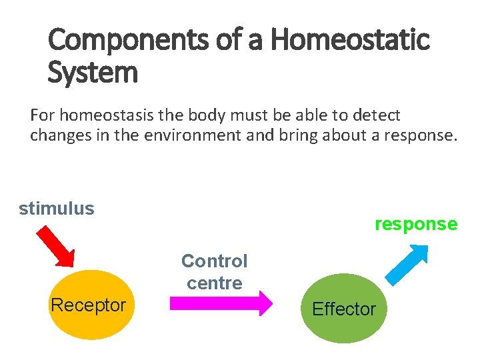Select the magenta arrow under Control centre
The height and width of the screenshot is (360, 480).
(x=221, y=303)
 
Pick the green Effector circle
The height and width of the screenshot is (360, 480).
(x=343, y=309)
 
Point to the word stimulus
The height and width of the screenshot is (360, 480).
(x=57, y=209)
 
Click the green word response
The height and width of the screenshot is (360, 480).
(x=416, y=224)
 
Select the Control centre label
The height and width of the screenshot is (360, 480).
(x=214, y=271)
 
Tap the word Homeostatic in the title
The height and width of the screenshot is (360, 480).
(x=350, y=41)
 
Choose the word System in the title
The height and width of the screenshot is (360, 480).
(x=93, y=72)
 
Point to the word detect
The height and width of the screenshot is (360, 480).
(x=378, y=115)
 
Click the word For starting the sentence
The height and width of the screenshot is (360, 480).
(x=42, y=115)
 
